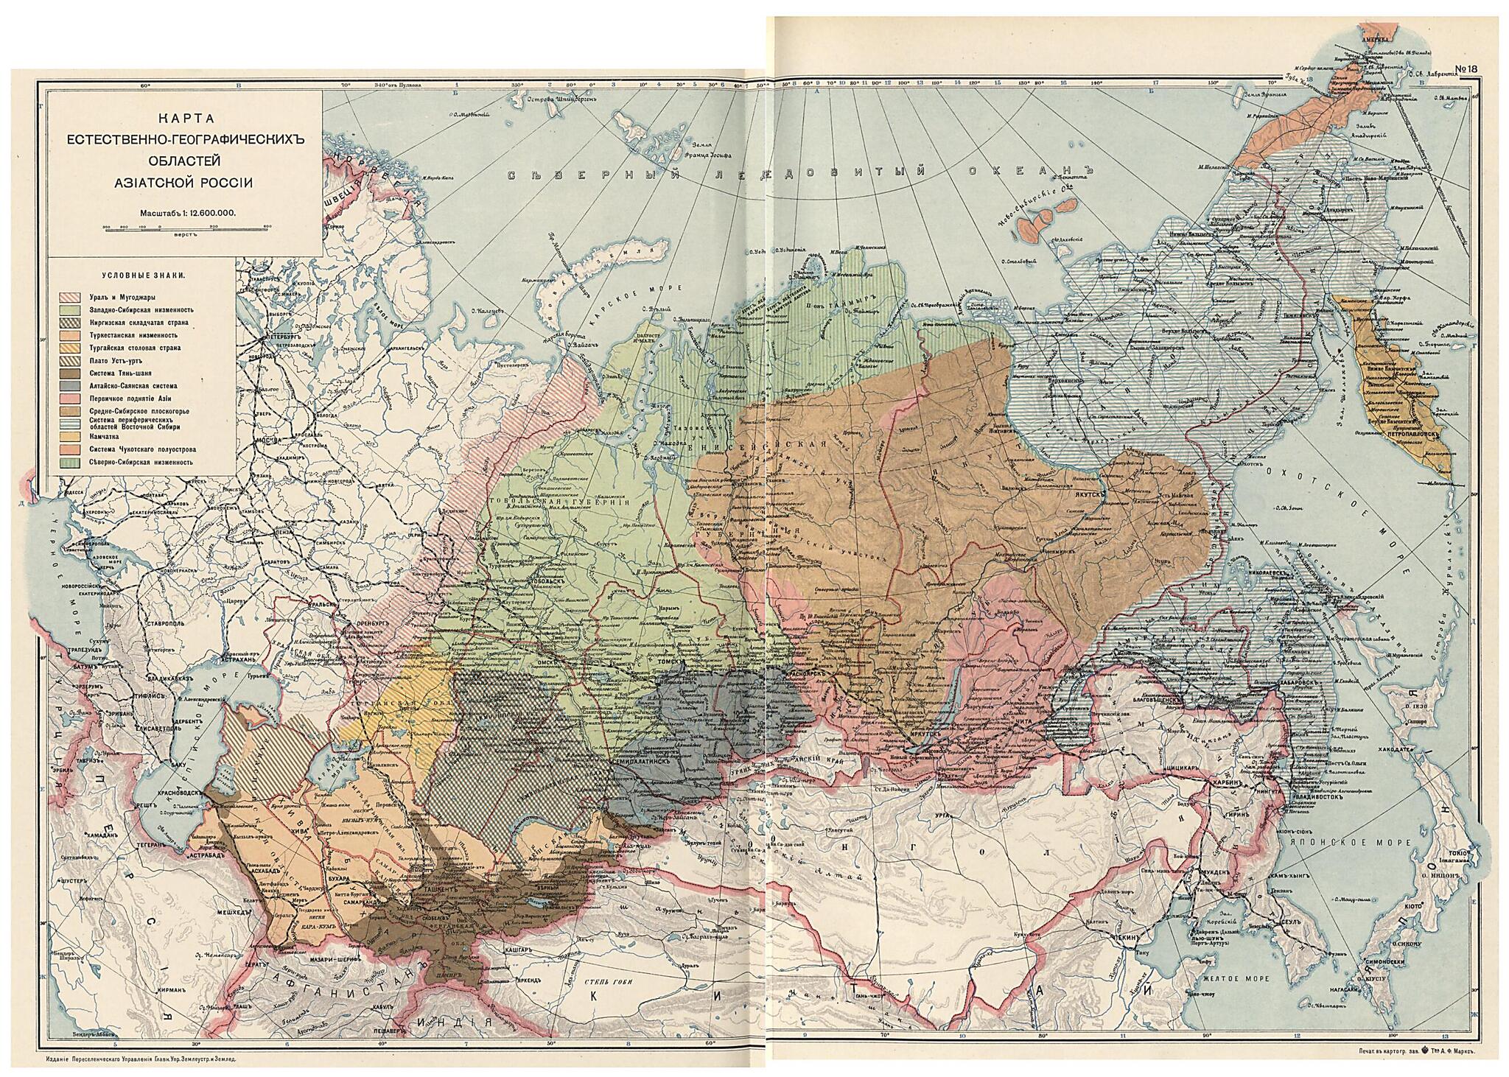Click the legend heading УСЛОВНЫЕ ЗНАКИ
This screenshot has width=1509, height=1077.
point(143,275)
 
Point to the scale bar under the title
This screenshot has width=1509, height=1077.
point(187,230)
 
